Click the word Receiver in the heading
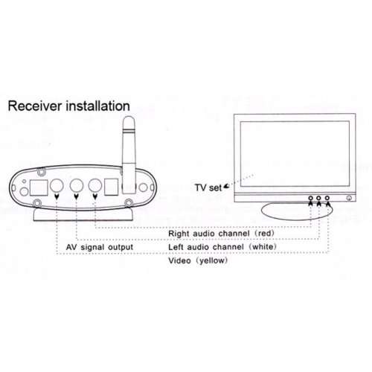pos(35,106)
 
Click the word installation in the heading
pos(97,106)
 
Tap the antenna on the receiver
pos(129,154)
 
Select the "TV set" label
pos(208,187)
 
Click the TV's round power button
pos(349,198)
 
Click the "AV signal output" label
pos(100,247)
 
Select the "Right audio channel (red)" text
pos(221,234)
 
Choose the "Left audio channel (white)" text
pos(222,247)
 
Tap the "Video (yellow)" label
pos(198,260)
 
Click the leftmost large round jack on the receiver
pos(57,186)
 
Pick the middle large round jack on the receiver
pos(77,186)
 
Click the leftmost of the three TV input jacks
pos(310,198)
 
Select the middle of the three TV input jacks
pos(318,198)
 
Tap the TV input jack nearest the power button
pos(327,198)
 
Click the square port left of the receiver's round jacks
pos(39,187)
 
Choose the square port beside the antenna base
pos(112,187)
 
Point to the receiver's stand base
pos(83,214)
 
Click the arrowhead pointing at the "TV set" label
pos(226,186)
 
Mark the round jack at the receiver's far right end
pos(143,187)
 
